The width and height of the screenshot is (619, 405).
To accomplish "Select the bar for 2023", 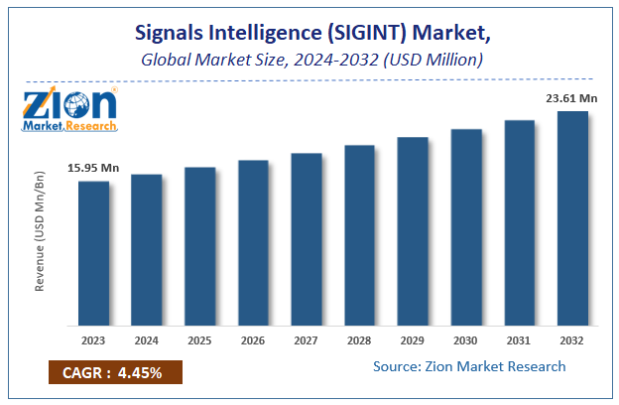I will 93,253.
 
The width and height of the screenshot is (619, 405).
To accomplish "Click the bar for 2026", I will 253,242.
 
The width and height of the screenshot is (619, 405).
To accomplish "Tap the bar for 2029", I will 413,230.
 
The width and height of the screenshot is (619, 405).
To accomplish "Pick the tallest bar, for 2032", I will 572,218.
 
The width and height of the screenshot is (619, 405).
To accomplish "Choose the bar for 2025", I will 199,246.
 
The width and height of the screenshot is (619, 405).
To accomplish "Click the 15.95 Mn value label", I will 93,169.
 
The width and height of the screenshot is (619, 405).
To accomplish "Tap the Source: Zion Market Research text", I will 469,366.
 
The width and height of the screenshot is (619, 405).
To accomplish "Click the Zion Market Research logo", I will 69,110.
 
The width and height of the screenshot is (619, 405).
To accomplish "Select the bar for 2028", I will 360,235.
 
